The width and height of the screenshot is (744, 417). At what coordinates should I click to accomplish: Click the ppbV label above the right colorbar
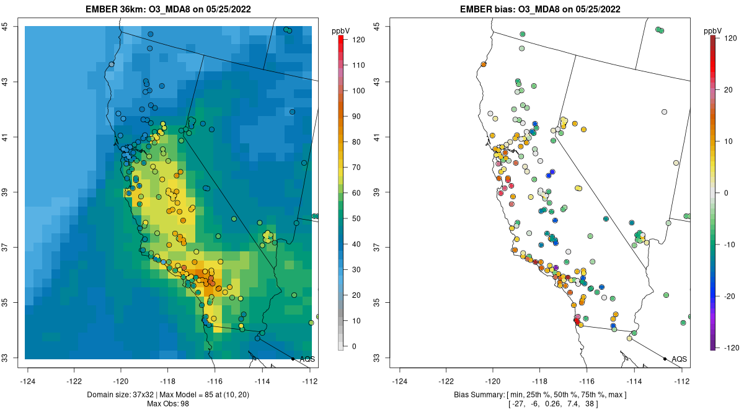click(714, 30)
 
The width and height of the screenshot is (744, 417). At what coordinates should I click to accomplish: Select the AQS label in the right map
click(680, 359)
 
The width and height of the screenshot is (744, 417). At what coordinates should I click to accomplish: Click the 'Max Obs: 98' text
click(168, 404)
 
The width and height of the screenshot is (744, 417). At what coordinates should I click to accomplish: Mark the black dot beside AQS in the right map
click(665, 359)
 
